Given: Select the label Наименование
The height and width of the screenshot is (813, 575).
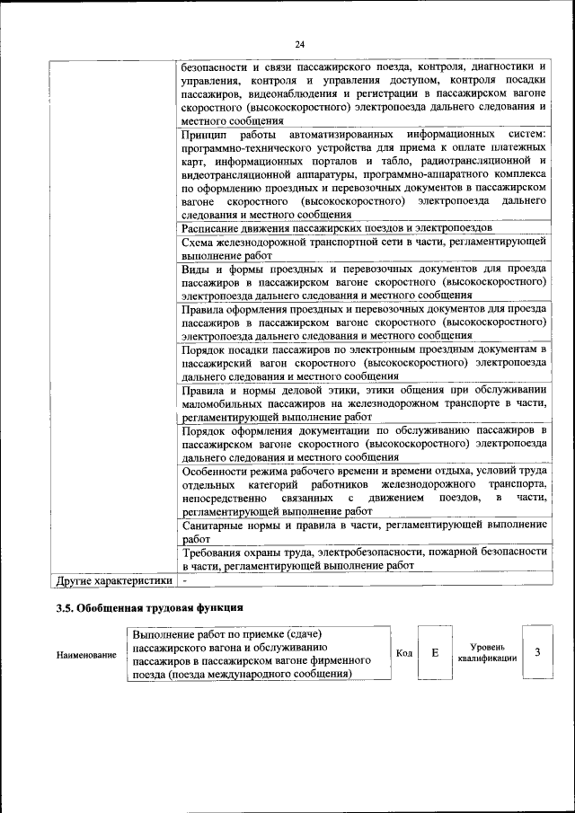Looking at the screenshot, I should point(87,655).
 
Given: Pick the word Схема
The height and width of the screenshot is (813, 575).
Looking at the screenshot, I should point(197,243).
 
